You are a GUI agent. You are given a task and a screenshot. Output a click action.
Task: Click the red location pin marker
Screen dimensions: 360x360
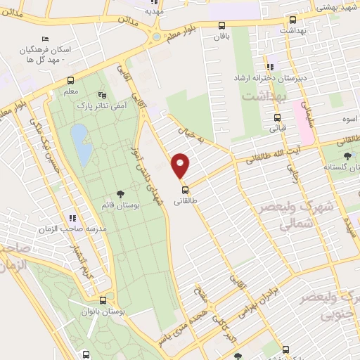(181, 165)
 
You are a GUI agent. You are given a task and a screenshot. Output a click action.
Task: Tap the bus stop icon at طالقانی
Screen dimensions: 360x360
(185, 189)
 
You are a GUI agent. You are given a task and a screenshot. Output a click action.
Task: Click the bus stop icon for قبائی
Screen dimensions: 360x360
(278, 117)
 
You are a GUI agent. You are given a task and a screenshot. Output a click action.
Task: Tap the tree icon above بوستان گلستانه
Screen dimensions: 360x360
(346, 155)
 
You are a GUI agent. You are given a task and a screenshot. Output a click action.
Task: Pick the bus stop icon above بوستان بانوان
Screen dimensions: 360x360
(103, 300)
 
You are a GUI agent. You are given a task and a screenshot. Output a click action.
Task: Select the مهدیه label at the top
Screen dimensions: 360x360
(153, 11)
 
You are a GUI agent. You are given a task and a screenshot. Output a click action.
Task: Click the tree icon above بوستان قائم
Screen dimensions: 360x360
(120, 193)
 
